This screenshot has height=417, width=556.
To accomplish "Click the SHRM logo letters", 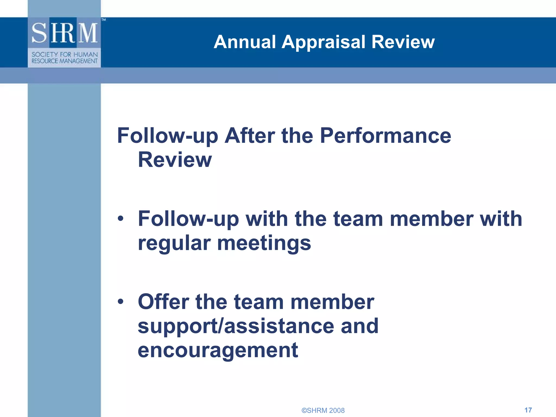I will (x=64, y=33).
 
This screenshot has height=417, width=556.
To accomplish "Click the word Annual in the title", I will (x=245, y=42).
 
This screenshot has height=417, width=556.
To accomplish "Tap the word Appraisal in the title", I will (x=323, y=43).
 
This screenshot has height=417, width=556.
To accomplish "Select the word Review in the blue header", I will (x=403, y=42).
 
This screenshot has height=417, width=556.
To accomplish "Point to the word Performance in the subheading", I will (x=385, y=135).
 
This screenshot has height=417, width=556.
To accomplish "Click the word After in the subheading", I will (x=249, y=135).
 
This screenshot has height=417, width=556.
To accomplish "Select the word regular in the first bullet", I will (x=174, y=244).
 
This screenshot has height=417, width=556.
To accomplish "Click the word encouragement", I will (x=218, y=350).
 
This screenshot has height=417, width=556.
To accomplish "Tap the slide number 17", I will (x=528, y=410).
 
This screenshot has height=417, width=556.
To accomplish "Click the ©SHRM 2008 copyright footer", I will (x=323, y=410).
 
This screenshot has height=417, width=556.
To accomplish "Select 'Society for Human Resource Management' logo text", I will (x=64, y=58).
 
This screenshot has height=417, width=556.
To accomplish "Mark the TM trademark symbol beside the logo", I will (x=104, y=20).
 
